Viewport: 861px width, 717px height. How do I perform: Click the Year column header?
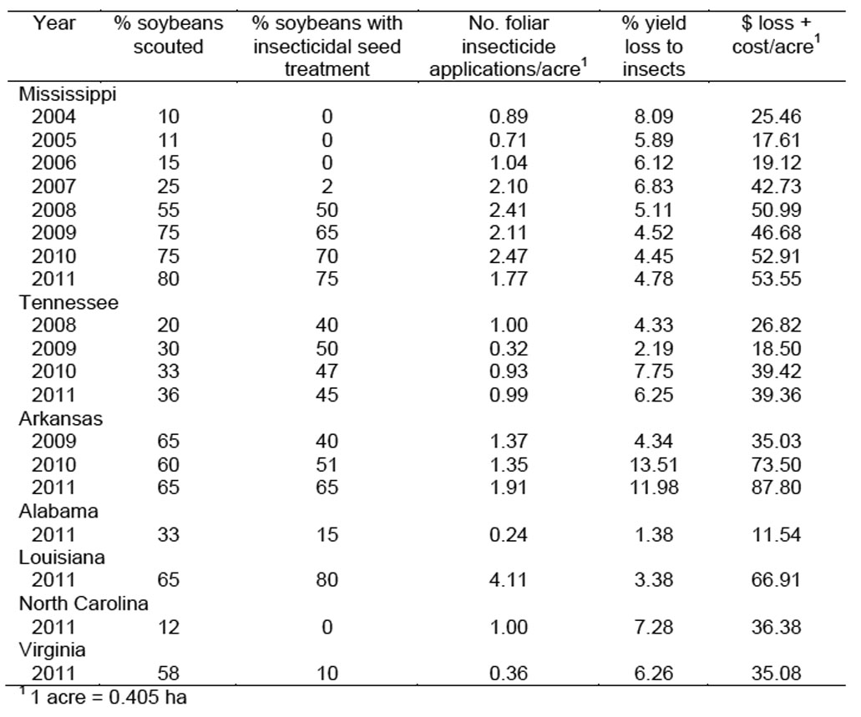point(53,23)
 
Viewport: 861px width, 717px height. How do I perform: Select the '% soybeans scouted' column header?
point(168,35)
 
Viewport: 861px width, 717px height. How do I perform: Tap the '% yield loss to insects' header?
point(653,46)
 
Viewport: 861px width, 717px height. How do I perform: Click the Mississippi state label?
point(68,93)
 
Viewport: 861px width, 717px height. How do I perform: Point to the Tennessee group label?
point(68,302)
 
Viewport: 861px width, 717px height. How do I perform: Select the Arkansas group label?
point(61,418)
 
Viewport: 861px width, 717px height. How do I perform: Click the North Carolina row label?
point(84,603)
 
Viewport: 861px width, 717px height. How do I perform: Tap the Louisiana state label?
point(62,558)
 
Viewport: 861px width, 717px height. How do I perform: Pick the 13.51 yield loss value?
point(653,464)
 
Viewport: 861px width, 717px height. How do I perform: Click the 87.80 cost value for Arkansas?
point(776,487)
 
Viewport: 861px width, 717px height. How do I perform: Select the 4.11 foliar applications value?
point(509,580)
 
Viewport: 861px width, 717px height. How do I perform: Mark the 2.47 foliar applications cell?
point(509,256)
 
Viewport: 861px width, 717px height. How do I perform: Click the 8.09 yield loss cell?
point(653,116)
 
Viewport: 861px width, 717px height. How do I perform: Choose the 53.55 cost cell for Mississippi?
point(776,279)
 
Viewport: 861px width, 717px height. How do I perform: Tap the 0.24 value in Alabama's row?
point(509,534)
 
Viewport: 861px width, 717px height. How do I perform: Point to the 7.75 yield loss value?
point(653,371)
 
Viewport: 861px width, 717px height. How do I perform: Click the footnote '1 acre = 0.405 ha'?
point(104,697)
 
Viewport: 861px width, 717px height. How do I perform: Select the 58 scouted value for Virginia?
point(168,673)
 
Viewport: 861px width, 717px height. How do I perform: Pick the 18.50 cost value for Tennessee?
point(776,349)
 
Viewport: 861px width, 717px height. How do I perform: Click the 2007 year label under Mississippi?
point(53,187)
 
